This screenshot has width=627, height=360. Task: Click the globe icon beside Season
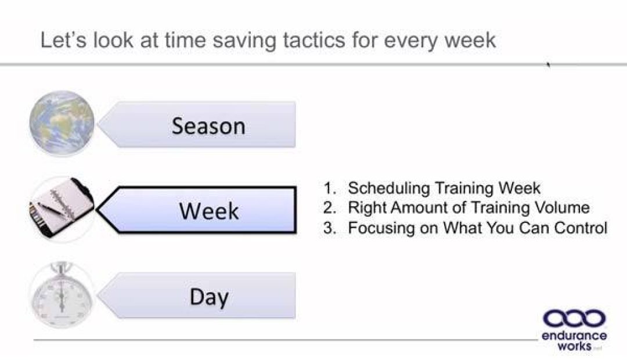pyautogui.click(x=62, y=123)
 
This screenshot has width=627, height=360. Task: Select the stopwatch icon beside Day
pyautogui.click(x=62, y=296)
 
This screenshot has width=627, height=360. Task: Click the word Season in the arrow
pyautogui.click(x=208, y=126)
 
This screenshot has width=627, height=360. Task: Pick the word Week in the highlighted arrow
pyautogui.click(x=208, y=211)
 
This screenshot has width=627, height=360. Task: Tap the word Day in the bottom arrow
pyautogui.click(x=208, y=297)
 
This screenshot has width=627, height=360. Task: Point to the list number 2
pyautogui.click(x=330, y=208)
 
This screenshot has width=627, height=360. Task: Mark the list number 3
pyautogui.click(x=330, y=228)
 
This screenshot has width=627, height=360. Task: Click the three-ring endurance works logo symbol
pyautogui.click(x=574, y=318)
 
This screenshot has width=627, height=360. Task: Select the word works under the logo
pyautogui.click(x=574, y=345)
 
